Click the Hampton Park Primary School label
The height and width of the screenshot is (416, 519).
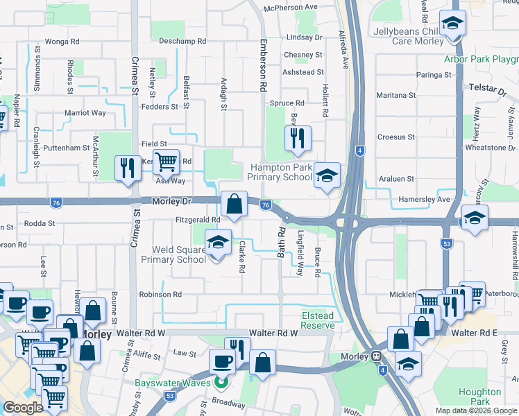click(280, 172)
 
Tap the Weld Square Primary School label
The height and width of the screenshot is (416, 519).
click(173, 254)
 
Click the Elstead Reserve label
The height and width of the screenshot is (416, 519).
click(317, 320)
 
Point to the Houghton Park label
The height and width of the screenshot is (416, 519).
click(480, 397)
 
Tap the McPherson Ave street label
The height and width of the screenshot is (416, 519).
click(291, 7)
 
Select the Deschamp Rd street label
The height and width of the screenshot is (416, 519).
click(183, 42)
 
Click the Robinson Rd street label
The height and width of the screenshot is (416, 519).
click(160, 295)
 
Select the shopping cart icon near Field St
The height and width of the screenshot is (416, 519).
click(166, 162)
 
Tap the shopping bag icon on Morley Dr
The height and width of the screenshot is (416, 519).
click(235, 204)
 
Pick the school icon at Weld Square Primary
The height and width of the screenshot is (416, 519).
click(218, 243)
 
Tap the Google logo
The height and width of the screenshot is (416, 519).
click(23, 408)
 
